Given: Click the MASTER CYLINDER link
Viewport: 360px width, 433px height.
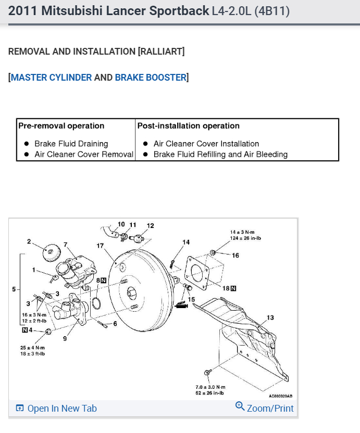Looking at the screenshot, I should (x=51, y=78).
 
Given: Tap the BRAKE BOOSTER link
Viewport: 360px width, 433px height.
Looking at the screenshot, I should (x=151, y=78).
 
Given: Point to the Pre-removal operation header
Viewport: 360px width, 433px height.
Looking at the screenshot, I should (x=61, y=126).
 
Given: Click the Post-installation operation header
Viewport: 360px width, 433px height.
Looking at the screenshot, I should (x=189, y=126).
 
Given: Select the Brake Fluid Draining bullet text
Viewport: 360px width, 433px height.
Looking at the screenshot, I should (x=71, y=144).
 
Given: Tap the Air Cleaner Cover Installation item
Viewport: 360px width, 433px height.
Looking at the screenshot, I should (x=206, y=144).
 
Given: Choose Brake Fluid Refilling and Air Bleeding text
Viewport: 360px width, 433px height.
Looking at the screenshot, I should (x=220, y=155).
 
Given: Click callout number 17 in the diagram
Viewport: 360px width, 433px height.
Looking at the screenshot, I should (x=100, y=245).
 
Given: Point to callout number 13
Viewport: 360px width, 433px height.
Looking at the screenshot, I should (x=270, y=317).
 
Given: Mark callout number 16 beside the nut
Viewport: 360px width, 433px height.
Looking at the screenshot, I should (x=235, y=256).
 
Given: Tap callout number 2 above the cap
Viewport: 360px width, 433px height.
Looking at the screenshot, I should (x=30, y=241).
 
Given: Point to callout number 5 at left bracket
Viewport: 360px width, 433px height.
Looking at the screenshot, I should (x=14, y=288).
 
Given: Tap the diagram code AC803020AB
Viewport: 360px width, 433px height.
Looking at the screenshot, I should (x=281, y=396).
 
